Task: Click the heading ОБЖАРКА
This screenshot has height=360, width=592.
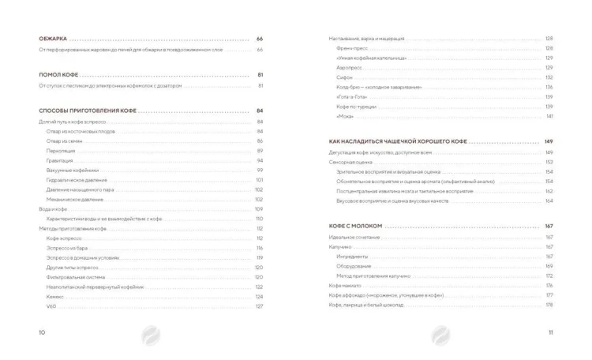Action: point(54,39)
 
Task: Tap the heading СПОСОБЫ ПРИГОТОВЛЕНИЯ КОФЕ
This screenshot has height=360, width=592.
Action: point(88,111)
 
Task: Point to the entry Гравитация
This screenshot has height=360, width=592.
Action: point(59,160)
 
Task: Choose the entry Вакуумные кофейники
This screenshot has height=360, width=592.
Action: point(72,170)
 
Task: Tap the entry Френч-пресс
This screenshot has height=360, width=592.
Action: point(351,48)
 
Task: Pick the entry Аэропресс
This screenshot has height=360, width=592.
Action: point(350,67)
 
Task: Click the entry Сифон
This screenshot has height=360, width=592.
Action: point(344,77)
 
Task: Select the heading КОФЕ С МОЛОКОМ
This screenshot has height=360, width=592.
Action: point(355,227)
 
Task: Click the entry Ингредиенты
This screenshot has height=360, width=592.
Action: point(351,256)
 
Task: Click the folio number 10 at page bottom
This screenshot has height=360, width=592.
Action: point(43,332)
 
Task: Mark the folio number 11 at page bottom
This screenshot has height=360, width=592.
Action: point(550,332)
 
